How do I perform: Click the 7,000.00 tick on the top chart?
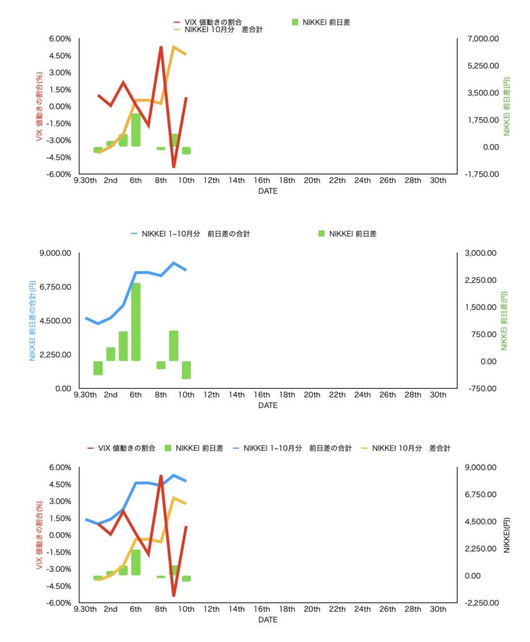pos(481,39)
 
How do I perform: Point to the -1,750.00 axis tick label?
pos(481,174)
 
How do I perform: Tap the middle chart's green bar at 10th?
pos(186,370)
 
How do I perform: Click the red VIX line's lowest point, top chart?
pos(174,167)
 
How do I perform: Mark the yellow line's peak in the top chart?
pos(174,47)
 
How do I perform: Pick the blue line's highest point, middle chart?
pos(174,263)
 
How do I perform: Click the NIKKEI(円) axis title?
pos(507,535)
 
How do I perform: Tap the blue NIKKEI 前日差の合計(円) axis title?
pos(33,320)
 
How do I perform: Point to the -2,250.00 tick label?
pos(481,603)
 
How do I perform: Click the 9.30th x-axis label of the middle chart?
pos(86,395)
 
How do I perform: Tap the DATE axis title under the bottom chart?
pos(268,620)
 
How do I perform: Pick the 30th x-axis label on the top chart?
pos(438,181)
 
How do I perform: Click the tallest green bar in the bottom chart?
pos(135,562)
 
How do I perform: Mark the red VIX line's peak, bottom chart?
pos(161,476)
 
